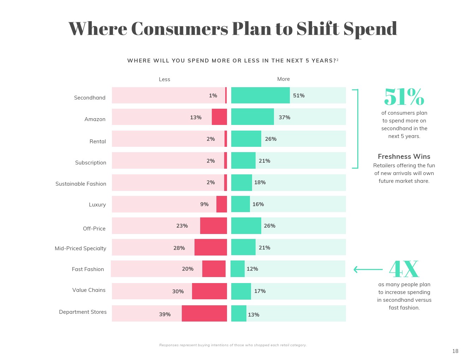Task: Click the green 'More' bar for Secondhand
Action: pos(260,95)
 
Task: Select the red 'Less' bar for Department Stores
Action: pos(204,313)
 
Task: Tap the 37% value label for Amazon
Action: pos(284,118)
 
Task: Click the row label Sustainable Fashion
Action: pos(81,184)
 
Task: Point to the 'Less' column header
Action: pos(165,79)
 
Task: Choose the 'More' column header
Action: pos(283,79)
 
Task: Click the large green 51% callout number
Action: pos(404,97)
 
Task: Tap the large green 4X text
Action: pos(404,269)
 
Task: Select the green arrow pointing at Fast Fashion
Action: pos(368,270)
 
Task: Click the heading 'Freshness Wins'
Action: pos(404,156)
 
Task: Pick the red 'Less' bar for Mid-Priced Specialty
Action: pos(210,247)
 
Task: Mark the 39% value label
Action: pos(165,314)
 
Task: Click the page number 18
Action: pos(455,351)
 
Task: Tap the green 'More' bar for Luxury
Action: pos(240,204)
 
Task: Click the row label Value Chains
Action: pos(89,290)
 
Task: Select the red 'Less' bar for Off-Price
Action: pos(213,226)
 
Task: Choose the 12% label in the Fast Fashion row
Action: pos(252,269)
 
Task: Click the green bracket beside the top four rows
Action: pos(357,129)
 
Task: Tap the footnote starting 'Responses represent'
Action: pos(233,345)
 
